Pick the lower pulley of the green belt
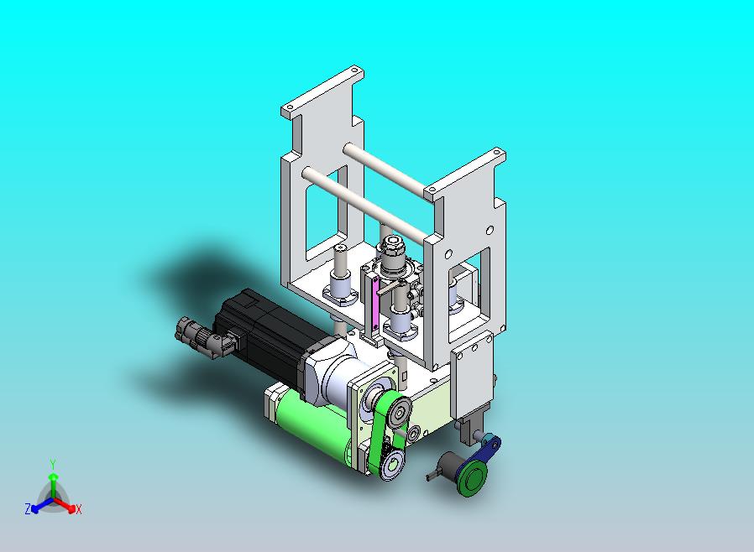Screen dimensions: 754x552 pyautogui.click(x=393, y=464)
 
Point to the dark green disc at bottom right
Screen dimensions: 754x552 pyautogui.click(x=472, y=480)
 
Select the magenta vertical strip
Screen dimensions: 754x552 pyautogui.click(x=375, y=303)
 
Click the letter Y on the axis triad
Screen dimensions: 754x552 pyautogui.click(x=53, y=464)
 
